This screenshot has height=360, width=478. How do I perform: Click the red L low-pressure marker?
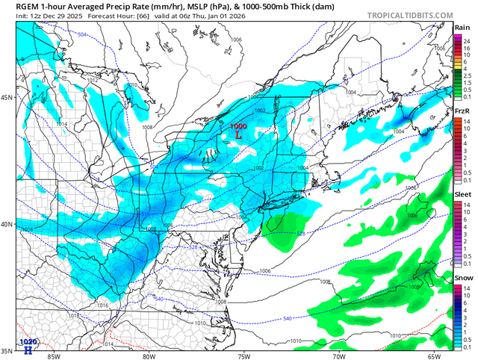[238, 136]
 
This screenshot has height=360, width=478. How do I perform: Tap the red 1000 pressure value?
[238, 127]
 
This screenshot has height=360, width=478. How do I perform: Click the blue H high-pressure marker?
[28, 350]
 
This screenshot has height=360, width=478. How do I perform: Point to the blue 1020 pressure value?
[28, 342]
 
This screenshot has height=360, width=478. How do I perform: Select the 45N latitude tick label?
[6, 97]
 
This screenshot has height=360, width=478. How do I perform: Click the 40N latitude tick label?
[6, 225]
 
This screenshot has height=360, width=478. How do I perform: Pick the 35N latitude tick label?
[6, 350]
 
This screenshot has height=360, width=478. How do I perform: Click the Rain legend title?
[461, 28]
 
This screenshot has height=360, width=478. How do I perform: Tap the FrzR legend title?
[461, 111]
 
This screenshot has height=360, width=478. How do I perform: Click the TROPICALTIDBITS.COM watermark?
[409, 13]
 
